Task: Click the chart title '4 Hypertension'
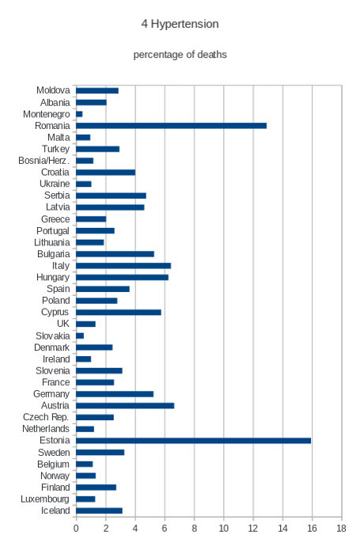click(x=180, y=24)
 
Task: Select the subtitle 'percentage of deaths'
click(x=180, y=55)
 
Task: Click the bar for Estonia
click(x=193, y=441)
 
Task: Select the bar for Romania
click(x=172, y=126)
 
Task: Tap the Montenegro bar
click(x=79, y=114)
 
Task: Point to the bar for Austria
click(x=125, y=405)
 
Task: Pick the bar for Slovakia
click(x=80, y=336)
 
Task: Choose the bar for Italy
click(x=123, y=266)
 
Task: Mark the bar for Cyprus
click(x=119, y=313)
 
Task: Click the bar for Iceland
click(x=99, y=510)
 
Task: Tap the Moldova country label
click(x=53, y=90)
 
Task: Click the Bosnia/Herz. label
click(x=44, y=161)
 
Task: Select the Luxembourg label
click(x=45, y=499)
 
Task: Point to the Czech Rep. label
click(x=46, y=417)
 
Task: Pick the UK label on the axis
click(x=63, y=324)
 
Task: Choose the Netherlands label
click(x=46, y=429)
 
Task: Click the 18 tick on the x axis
click(x=341, y=529)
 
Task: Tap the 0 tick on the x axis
click(x=76, y=529)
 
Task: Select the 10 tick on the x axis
click(x=224, y=529)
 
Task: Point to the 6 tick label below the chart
click(x=165, y=529)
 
